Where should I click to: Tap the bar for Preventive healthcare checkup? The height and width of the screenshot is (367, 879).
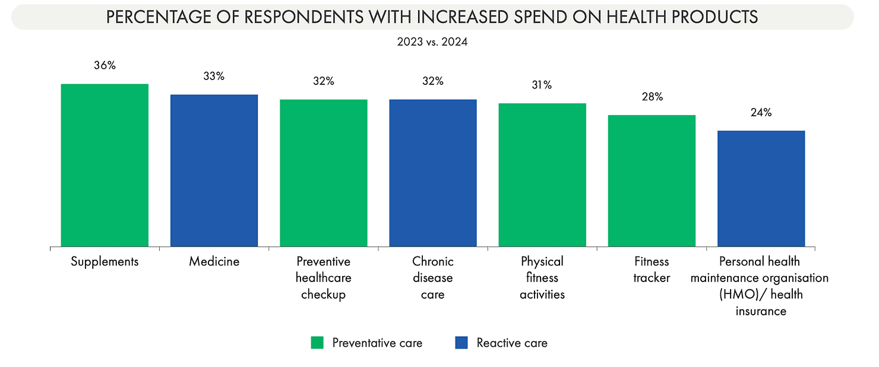point(323,173)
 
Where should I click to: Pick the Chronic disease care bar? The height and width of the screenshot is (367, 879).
point(432,173)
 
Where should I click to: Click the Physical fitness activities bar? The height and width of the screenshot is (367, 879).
point(542,175)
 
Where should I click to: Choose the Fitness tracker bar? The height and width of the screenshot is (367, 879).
point(651,181)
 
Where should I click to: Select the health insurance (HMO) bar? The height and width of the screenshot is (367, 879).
point(761,188)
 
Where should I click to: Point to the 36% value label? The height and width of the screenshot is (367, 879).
point(105,65)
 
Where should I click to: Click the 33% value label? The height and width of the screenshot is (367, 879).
point(214,76)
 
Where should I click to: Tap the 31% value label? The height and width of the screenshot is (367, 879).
point(542,85)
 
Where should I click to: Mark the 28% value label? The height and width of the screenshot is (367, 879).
point(652,97)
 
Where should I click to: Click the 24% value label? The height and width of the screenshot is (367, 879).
point(761,112)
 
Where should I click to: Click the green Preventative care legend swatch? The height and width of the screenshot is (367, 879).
point(317,343)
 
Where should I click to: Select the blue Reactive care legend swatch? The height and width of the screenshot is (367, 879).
point(461,343)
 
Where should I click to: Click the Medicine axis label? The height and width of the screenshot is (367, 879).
point(214,261)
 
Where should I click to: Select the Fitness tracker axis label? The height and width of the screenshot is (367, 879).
point(651,269)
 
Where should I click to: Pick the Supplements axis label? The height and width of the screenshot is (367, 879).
point(105,261)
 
